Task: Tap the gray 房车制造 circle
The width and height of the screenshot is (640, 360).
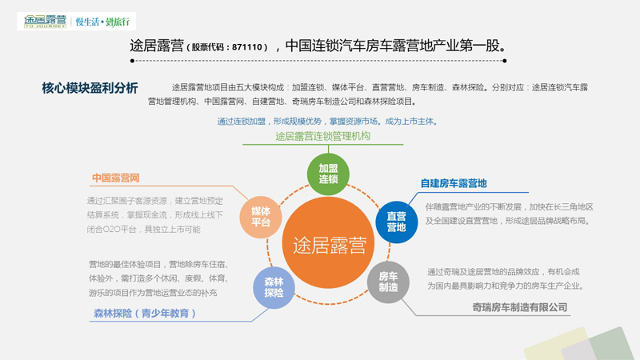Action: point(388,281)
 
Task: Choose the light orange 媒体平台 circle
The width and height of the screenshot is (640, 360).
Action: point(262,216)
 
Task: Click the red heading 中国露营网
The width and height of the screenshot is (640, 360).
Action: point(116,178)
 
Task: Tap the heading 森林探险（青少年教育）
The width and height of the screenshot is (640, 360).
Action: point(144,313)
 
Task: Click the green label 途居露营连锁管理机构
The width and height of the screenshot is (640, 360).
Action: point(322,137)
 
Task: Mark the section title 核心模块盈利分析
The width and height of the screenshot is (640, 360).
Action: point(90,87)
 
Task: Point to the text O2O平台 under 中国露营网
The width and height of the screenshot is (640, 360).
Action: point(125,230)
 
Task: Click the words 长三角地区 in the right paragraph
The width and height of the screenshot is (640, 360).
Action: point(569,206)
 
